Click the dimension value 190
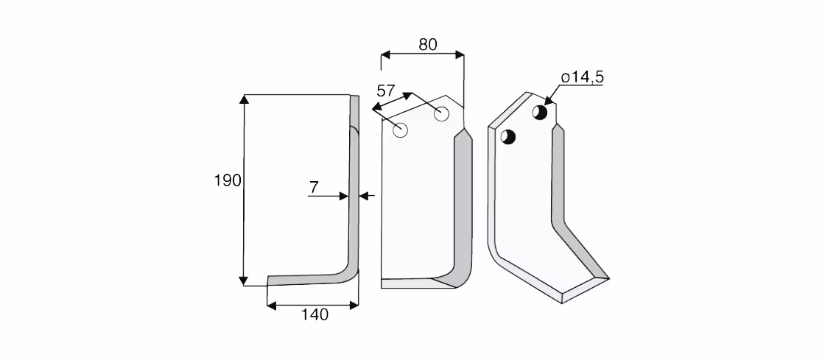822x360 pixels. (x=228, y=181)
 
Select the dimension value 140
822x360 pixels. (x=315, y=315)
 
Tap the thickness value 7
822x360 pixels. (x=314, y=187)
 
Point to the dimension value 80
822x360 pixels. (x=428, y=45)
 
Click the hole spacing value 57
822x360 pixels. (x=386, y=91)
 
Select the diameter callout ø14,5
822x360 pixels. (x=583, y=77)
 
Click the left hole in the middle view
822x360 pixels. (x=401, y=130)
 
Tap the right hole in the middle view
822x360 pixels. (x=441, y=113)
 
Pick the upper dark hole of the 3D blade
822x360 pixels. (x=540, y=112)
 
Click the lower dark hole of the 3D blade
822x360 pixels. (x=508, y=137)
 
